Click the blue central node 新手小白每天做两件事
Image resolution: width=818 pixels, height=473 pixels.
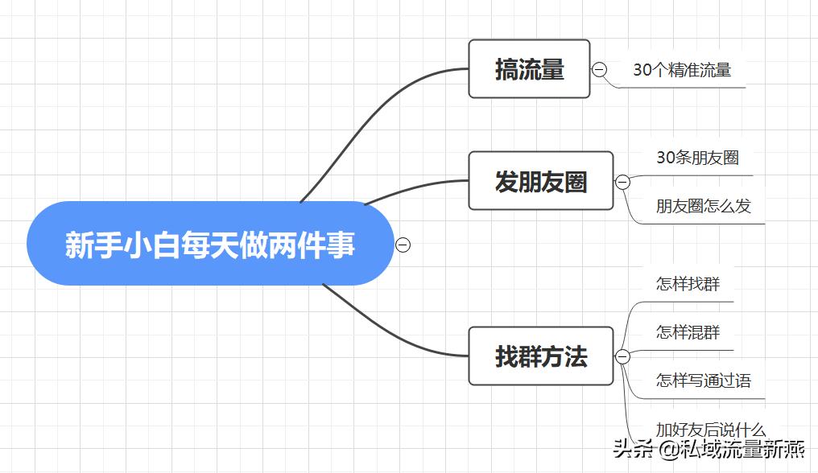209,244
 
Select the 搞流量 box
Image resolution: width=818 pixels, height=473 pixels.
529,69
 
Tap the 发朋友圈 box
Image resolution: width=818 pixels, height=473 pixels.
540,181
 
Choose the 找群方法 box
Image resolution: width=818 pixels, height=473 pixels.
540,356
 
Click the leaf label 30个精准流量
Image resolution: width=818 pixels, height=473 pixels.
681,70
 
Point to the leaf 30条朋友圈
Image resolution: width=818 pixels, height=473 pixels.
697,158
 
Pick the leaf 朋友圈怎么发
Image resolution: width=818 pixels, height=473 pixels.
703,206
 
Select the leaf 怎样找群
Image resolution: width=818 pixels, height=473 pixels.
688,284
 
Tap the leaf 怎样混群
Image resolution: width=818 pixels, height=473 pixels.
688,332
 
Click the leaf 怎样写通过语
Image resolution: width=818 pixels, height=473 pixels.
703,380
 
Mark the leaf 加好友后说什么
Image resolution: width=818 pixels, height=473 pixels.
710,430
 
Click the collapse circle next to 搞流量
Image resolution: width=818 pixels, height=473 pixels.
599,70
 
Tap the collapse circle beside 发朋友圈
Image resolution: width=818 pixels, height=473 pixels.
622,182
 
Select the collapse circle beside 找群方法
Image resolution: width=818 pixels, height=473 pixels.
622,356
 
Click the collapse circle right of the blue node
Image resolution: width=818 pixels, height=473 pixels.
403,245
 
